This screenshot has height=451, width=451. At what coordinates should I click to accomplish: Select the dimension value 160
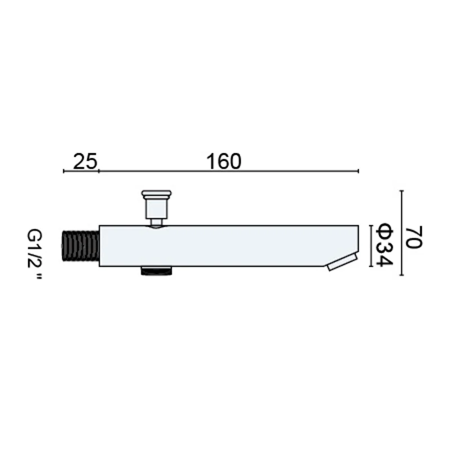(x=223, y=161)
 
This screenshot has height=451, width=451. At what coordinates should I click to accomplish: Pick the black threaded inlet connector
(x=81, y=246)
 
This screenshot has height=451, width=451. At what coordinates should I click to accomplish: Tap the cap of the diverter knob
(x=156, y=196)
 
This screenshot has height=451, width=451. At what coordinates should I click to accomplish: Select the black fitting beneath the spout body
(x=156, y=271)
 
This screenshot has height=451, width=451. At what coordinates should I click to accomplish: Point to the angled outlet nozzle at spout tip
(x=342, y=262)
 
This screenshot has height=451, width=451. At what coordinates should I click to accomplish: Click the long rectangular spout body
(x=225, y=246)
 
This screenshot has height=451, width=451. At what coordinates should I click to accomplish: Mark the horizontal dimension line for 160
(x=228, y=171)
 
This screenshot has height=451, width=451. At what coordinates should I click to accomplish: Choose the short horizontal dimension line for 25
(x=81, y=171)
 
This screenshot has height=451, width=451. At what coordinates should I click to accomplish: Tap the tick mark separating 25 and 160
(x=99, y=171)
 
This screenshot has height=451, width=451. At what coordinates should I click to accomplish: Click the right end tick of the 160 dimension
(x=359, y=171)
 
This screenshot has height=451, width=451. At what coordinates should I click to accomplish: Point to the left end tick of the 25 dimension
(x=64, y=171)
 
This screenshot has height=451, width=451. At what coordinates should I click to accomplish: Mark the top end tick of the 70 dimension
(x=401, y=191)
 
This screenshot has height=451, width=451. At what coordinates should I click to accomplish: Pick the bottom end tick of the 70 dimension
(x=401, y=276)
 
